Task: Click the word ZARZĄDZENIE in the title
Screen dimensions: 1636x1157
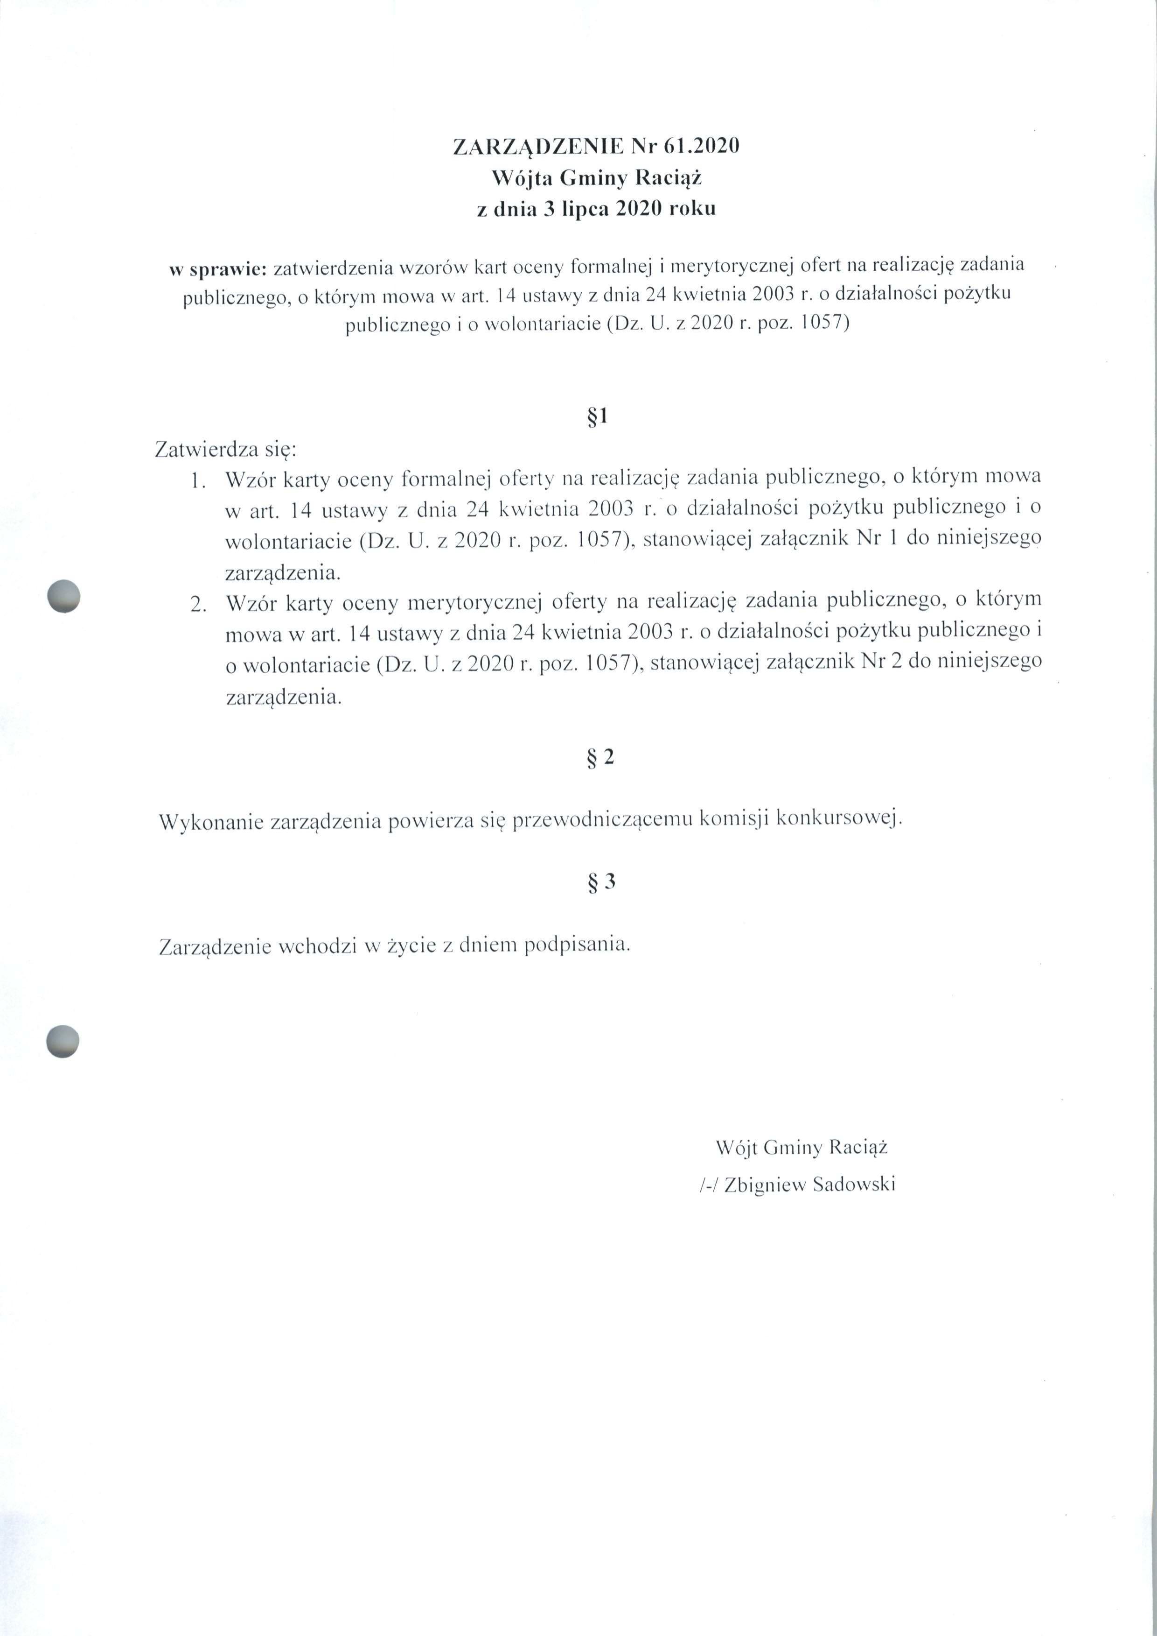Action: coord(539,147)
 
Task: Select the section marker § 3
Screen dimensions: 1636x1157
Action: coord(600,882)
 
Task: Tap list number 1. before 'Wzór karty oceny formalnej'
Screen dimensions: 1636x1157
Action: coord(198,482)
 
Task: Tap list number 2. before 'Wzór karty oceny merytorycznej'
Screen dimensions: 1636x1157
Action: coord(198,605)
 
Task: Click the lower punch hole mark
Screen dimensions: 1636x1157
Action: coord(63,1041)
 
